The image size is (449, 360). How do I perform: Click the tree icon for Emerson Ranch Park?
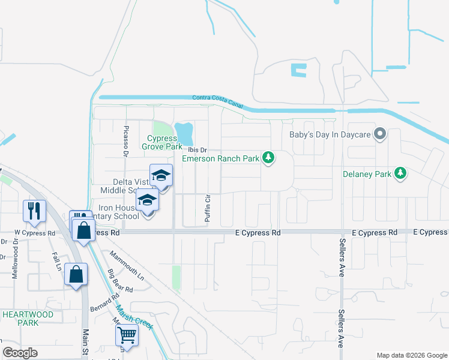[270, 158]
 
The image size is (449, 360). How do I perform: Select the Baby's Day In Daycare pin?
[379, 134]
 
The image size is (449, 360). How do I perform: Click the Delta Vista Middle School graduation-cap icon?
[161, 175]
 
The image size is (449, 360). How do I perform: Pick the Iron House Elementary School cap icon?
[146, 200]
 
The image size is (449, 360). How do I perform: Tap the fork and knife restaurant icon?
[34, 210]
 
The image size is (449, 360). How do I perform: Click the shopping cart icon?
[127, 335]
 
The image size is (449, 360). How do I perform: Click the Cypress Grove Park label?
[161, 142]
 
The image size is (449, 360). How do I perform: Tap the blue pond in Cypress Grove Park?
[184, 131]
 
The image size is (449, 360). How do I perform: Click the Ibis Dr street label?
[197, 150]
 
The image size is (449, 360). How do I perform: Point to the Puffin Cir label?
[208, 209]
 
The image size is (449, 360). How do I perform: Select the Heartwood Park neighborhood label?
[28, 318]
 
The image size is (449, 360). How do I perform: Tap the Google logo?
[20, 352]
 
